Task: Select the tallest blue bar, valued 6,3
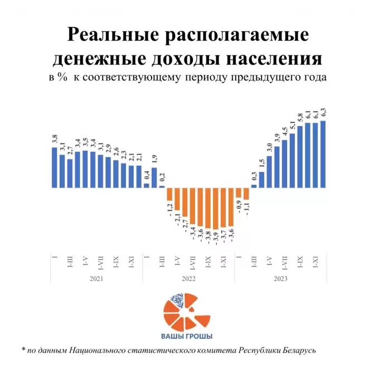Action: [323, 154]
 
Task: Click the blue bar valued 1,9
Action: [154, 178]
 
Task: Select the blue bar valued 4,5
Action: [284, 164]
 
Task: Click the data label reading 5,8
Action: [300, 118]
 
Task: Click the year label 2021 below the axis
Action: [96, 277]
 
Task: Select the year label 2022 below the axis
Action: [188, 277]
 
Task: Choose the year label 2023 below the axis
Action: [280, 277]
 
